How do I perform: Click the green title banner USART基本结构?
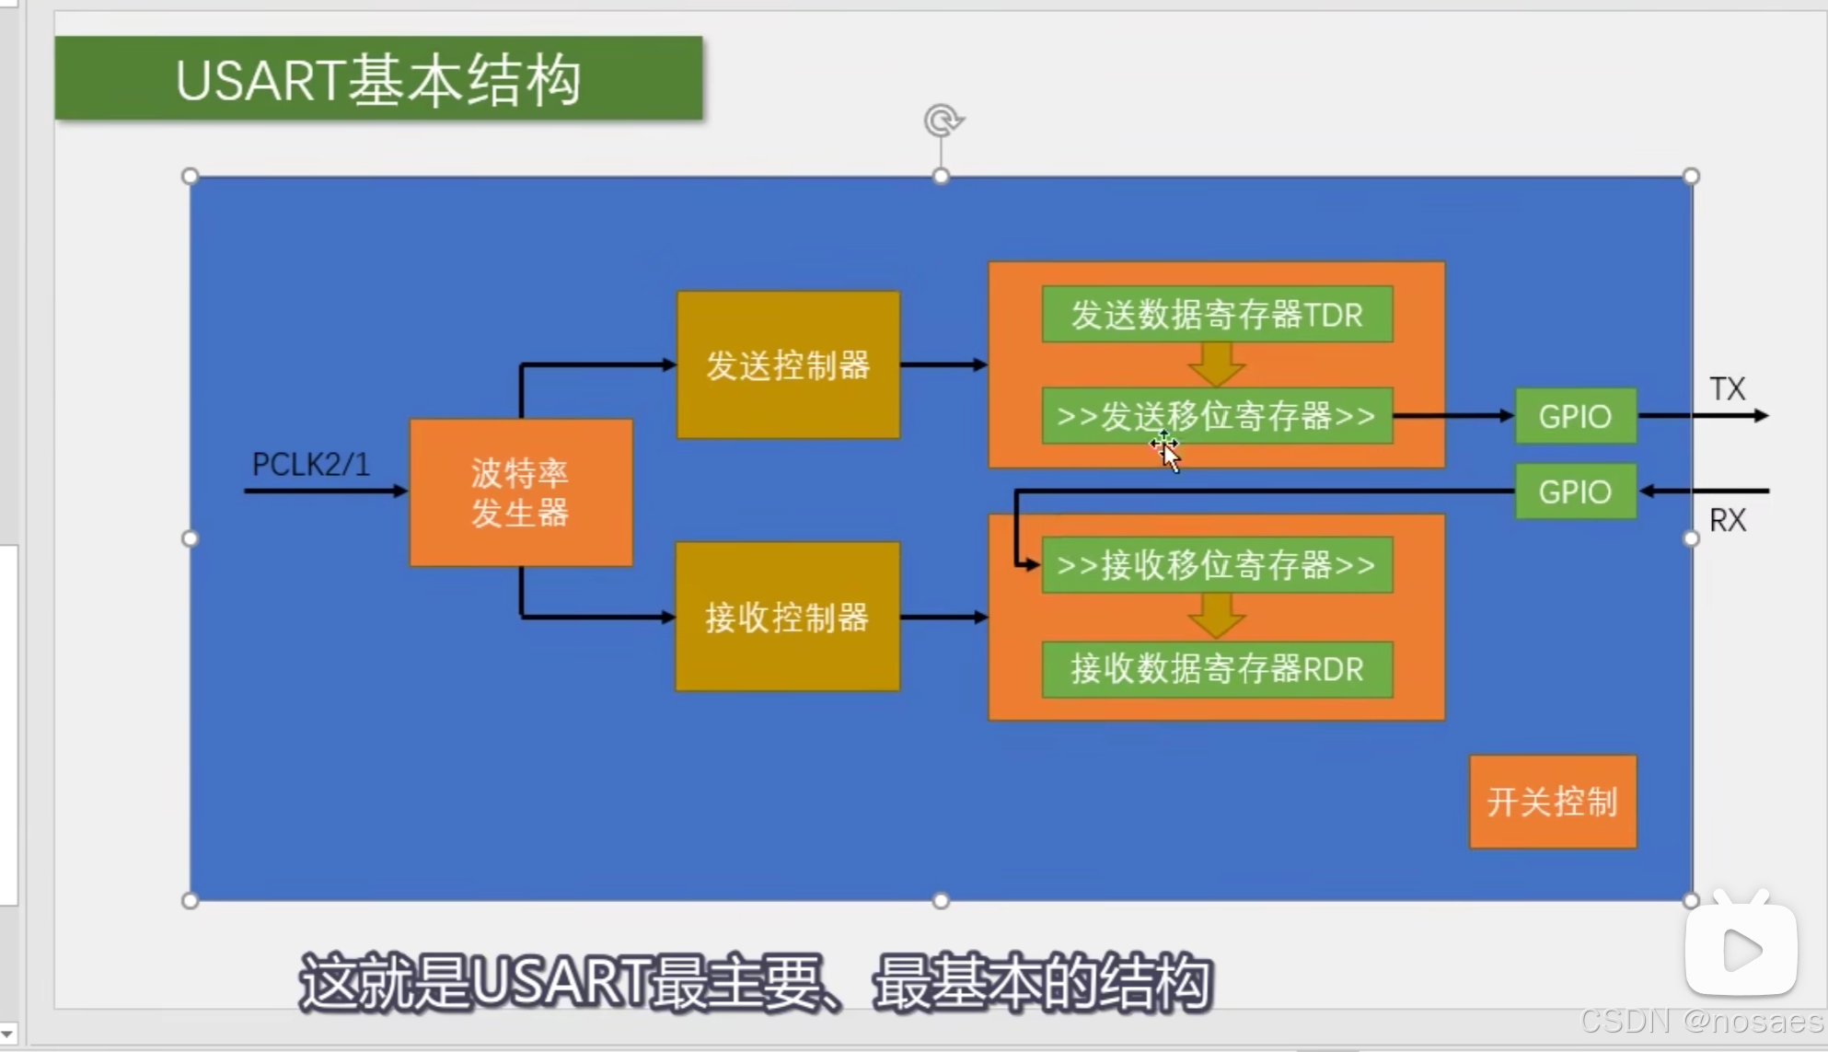[x=378, y=78]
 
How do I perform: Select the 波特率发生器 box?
[x=521, y=492]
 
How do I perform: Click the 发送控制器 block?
[x=788, y=365]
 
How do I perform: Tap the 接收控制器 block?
[x=787, y=617]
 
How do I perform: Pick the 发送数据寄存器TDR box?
[x=1217, y=315]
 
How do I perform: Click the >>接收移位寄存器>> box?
[x=1217, y=564]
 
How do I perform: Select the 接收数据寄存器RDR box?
[x=1217, y=669]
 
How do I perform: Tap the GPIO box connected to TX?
[x=1575, y=416]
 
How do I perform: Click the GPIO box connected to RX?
[x=1575, y=491]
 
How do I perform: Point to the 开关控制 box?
[x=1553, y=802]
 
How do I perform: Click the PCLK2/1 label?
[x=311, y=464]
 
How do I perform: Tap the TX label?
[x=1727, y=388]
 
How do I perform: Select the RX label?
[x=1727, y=520]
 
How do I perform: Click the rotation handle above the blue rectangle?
[x=942, y=121]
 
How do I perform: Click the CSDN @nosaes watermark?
[x=1701, y=1021]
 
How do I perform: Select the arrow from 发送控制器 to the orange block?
[x=943, y=365]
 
